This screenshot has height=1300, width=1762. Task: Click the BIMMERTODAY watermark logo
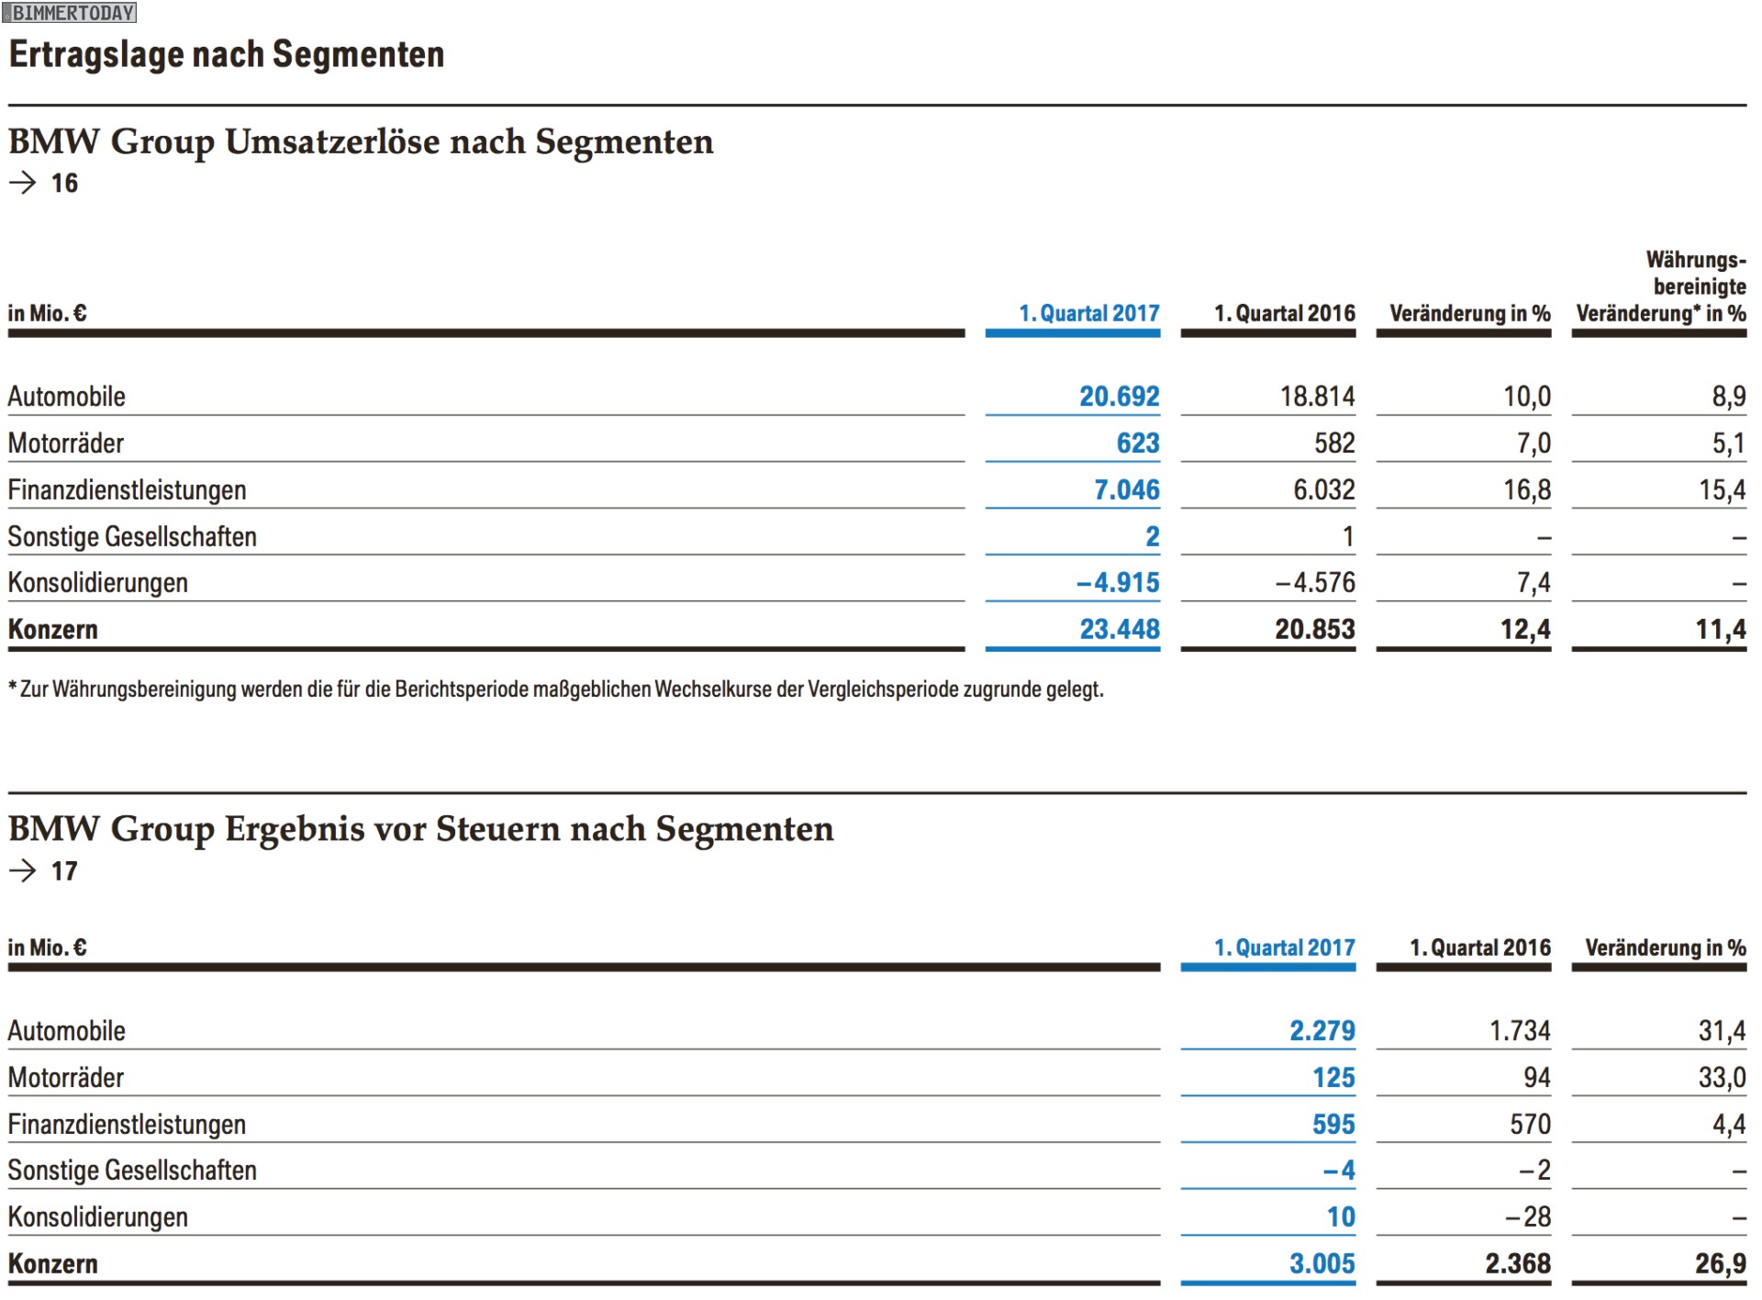tap(70, 13)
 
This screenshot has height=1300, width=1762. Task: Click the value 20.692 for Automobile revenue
tap(1119, 397)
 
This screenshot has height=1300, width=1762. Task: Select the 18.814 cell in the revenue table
tap(1317, 397)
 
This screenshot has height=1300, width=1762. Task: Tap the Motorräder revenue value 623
tap(1138, 443)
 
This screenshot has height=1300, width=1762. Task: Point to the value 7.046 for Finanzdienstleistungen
tap(1126, 490)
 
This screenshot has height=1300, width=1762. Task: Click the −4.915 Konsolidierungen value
tap(1118, 583)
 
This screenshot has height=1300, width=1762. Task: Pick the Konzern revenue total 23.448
tap(1119, 630)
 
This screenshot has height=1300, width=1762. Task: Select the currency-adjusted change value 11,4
tap(1720, 630)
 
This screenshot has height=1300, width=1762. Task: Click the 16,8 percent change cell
tap(1526, 490)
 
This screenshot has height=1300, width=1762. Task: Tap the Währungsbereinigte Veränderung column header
tap(1661, 286)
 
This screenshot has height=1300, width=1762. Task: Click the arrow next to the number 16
tap(22, 183)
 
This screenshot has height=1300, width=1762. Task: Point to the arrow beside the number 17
tap(22, 870)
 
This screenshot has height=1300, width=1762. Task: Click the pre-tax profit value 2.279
tap(1321, 1031)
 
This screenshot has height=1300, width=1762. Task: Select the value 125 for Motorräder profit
tap(1333, 1078)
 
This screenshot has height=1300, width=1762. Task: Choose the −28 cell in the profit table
tap(1528, 1217)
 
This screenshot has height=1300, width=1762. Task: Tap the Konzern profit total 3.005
tap(1321, 1264)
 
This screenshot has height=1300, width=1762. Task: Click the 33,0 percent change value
tap(1722, 1078)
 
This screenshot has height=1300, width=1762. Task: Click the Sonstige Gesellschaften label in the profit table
tap(132, 1171)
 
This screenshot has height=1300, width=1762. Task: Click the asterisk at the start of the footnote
tap(13, 687)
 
